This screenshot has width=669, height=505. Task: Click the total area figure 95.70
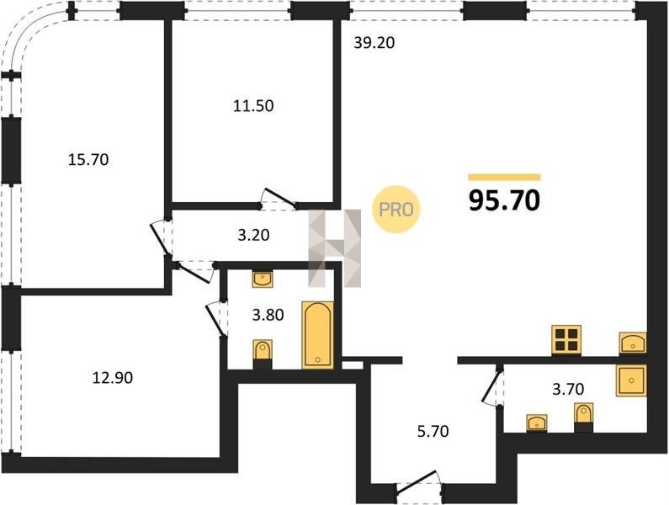[x=504, y=200]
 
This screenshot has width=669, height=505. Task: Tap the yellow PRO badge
[x=396, y=210]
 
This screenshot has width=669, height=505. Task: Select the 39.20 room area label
[x=374, y=43]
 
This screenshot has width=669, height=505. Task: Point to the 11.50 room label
[x=253, y=105]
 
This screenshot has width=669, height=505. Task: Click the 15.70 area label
[x=88, y=160]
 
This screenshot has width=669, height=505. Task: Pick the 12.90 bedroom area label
[x=113, y=377]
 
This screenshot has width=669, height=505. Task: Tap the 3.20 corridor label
[x=254, y=235]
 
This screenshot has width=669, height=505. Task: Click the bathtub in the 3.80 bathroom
[x=318, y=335]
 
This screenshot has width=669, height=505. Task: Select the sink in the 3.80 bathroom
[x=263, y=279]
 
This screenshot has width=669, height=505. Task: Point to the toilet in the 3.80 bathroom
[x=263, y=353]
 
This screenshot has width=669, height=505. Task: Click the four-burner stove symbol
[x=566, y=340]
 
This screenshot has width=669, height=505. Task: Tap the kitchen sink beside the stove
[x=633, y=343]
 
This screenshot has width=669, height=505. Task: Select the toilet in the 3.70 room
[x=583, y=417]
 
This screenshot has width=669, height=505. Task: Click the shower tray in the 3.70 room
[x=631, y=380]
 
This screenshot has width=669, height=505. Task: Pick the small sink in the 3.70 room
[x=537, y=423]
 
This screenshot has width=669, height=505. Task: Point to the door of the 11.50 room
[x=280, y=199]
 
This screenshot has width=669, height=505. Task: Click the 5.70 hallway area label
[x=433, y=431]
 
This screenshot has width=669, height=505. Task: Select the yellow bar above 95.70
[x=504, y=177]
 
